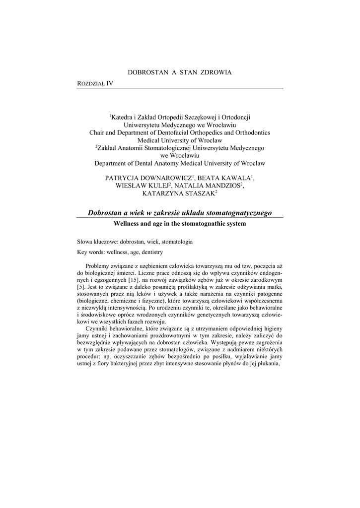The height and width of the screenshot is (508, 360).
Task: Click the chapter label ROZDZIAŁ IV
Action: coord(95,83)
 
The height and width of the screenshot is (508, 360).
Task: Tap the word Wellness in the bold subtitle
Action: coord(128,224)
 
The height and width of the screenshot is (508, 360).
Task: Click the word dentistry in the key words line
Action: coord(151,252)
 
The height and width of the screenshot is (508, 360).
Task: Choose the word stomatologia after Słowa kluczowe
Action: coord(175,242)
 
